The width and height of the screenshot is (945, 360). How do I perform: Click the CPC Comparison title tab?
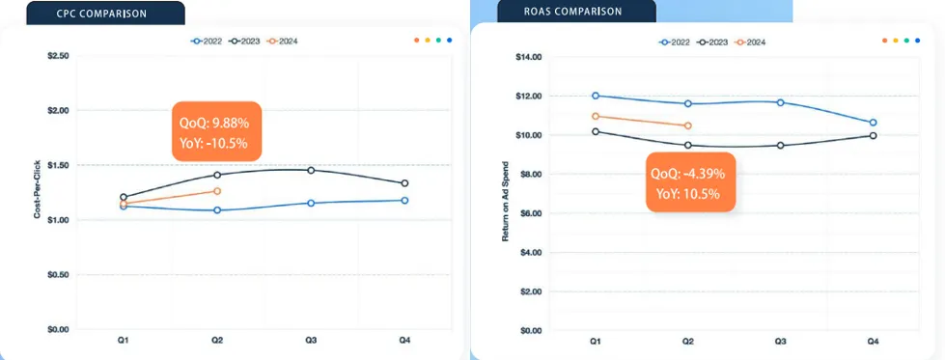pos(105,13)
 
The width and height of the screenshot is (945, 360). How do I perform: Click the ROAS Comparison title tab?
pos(576,12)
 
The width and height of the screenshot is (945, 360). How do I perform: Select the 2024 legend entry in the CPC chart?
pos(283,41)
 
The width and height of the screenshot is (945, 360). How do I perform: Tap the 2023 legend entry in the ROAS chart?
pos(713,42)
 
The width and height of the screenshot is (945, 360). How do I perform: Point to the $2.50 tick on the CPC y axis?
pos(58,56)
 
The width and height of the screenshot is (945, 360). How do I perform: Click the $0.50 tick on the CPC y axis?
pos(58,275)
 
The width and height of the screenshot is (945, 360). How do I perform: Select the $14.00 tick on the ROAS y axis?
pos(530,57)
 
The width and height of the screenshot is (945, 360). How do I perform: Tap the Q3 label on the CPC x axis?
pos(311,341)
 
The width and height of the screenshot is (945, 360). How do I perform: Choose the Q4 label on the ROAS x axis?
pos(873,342)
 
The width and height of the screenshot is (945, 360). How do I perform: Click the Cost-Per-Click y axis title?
pos(37,189)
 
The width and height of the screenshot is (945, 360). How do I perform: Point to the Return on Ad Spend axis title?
pos(505,202)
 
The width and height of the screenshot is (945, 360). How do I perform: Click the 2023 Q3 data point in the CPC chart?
pos(311,170)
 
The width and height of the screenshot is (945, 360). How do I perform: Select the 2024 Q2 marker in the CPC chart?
pos(217,191)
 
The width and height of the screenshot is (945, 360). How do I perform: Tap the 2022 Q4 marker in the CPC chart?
pos(404,200)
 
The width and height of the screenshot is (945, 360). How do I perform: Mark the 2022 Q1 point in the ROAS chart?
pos(596,96)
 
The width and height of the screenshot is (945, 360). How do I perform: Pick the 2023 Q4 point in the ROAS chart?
pos(873,136)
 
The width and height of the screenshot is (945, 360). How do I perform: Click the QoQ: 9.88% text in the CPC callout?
pos(214,123)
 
